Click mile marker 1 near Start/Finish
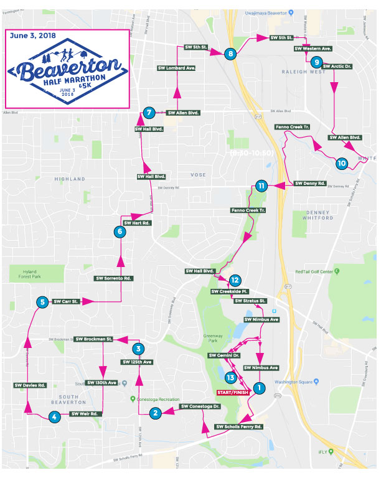coord(260,387)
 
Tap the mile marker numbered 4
coord(55,417)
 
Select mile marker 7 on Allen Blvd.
coord(148,113)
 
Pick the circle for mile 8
coord(231,54)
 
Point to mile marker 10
coord(341,164)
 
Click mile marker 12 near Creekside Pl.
coord(234,280)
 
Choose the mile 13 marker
coord(230,377)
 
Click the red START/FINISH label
coord(233,393)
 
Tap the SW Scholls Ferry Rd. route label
coord(238,427)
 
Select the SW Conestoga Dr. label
coord(200,406)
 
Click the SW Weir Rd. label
coord(85,413)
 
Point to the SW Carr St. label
coord(65,301)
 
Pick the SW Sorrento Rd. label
coord(114,278)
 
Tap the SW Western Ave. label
coord(313,48)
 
